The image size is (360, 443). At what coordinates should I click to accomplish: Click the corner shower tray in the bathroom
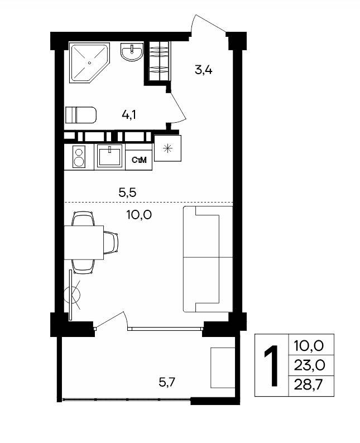pyautogui.click(x=89, y=62)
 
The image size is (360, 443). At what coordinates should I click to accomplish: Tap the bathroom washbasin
pyautogui.click(x=132, y=52)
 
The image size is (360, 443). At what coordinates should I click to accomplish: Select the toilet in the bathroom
pyautogui.click(x=81, y=115)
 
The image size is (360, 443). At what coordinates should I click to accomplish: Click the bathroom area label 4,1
pyautogui.click(x=129, y=115)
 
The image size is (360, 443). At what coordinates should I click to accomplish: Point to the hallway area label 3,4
pyautogui.click(x=204, y=69)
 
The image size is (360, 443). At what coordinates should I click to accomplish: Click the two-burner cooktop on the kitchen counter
pyautogui.click(x=79, y=157)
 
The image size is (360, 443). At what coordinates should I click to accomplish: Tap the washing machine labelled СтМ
pyautogui.click(x=139, y=160)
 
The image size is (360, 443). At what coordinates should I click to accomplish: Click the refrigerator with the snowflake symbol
pyautogui.click(x=168, y=148)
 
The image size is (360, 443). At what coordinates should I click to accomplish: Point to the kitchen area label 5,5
pyautogui.click(x=127, y=192)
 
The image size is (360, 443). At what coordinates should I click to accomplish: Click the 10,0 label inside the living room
pyautogui.click(x=139, y=215)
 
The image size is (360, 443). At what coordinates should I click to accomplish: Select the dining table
pyautogui.click(x=84, y=242)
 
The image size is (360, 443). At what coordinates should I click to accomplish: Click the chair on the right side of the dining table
pyautogui.click(x=111, y=242)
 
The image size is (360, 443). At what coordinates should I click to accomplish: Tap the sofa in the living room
pyautogui.click(x=208, y=259)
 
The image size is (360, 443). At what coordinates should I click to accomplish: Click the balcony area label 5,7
pyautogui.click(x=167, y=383)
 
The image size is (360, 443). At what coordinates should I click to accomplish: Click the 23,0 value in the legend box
pyautogui.click(x=309, y=365)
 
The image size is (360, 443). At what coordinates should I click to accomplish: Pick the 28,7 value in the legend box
pyautogui.click(x=309, y=384)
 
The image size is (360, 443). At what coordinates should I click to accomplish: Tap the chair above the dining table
pyautogui.click(x=83, y=218)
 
